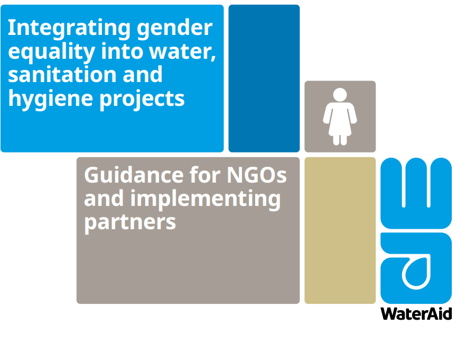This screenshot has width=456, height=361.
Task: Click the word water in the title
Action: [x=182, y=52]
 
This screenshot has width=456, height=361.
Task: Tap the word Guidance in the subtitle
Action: [x=134, y=175]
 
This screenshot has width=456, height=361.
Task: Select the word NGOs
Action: [x=257, y=175]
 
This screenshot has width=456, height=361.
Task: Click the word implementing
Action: [x=206, y=200]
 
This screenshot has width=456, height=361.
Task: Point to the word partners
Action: [x=130, y=223]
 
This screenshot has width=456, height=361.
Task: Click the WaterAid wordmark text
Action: [x=416, y=314]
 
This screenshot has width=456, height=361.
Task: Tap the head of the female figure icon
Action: [x=340, y=95]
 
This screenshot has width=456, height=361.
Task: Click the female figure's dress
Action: [x=340, y=120]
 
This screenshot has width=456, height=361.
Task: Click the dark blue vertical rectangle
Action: [x=264, y=78]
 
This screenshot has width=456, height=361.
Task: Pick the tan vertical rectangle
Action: [x=340, y=230]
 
